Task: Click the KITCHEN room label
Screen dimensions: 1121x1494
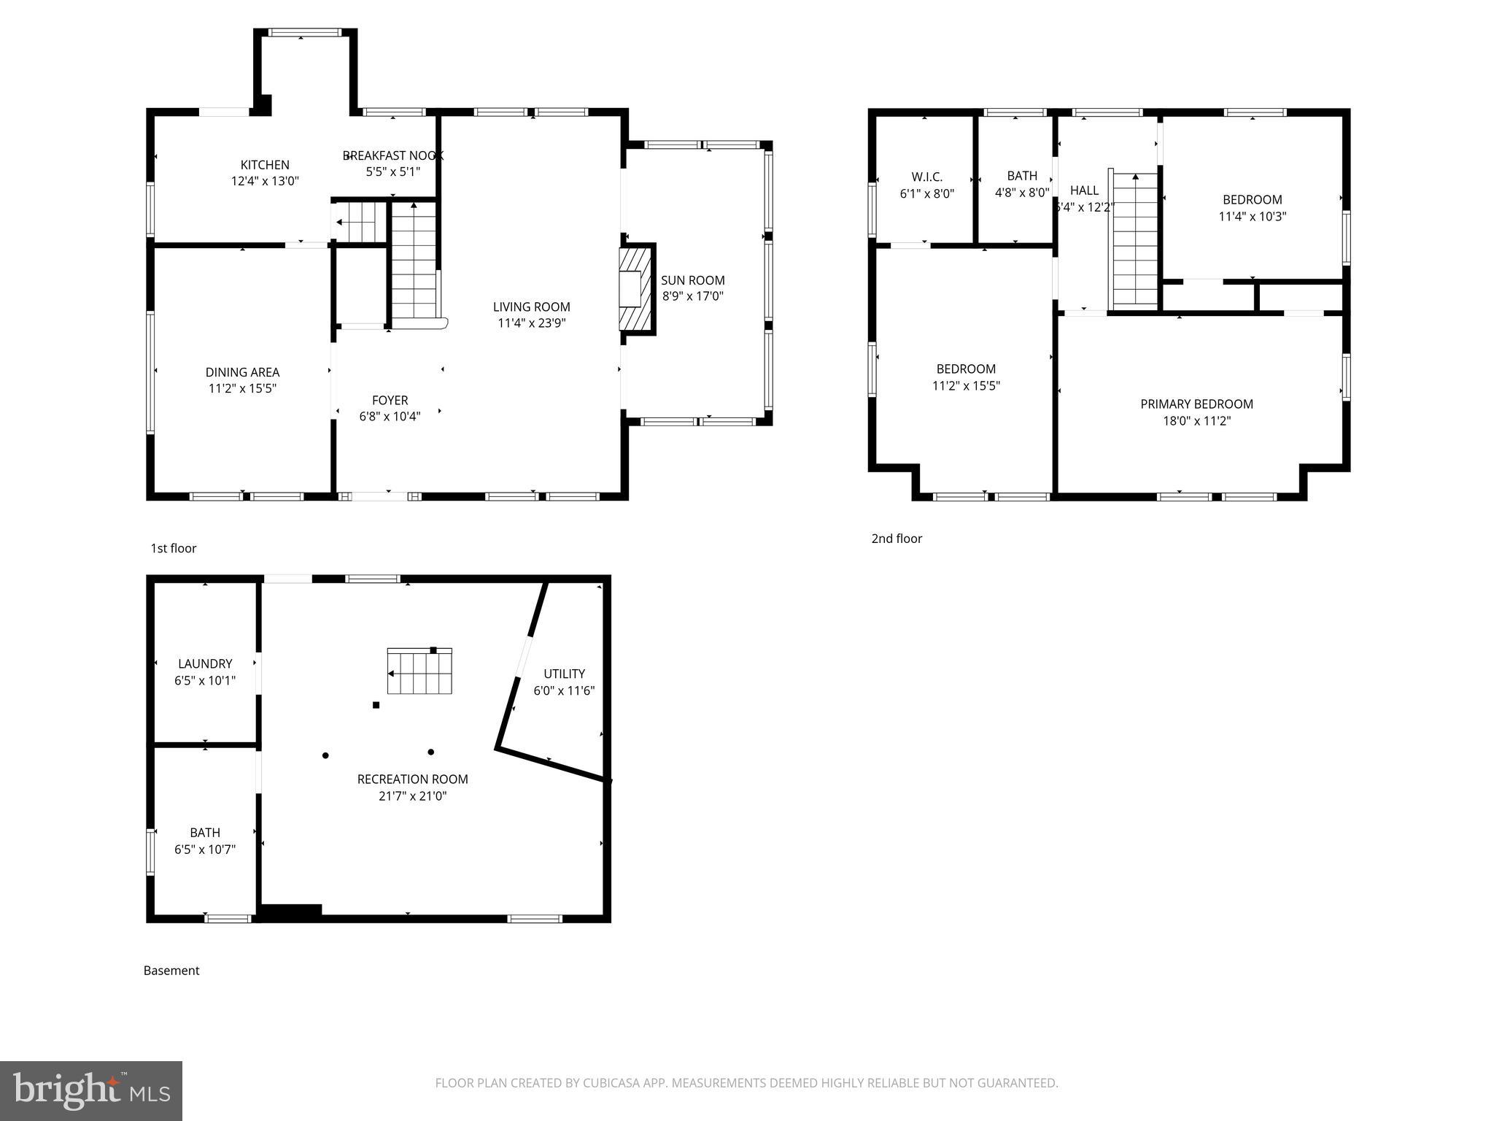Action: tap(265, 165)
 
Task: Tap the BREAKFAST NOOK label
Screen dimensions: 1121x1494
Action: tap(392, 155)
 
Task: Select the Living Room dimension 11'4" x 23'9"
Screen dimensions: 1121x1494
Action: tap(531, 323)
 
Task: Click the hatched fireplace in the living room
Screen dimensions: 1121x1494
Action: tap(632, 289)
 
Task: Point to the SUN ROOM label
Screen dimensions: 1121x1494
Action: tap(692, 280)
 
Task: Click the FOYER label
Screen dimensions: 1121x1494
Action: tap(390, 400)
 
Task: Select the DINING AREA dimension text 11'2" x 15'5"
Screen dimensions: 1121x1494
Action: tap(242, 388)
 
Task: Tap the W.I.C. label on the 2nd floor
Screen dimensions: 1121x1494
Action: tap(926, 177)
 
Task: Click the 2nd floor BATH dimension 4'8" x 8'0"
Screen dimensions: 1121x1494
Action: tap(1021, 193)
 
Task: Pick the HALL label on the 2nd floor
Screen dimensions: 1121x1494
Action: tap(1084, 190)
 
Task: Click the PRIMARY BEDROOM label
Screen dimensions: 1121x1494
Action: tap(1196, 404)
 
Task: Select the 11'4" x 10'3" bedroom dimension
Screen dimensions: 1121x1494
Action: tap(1252, 216)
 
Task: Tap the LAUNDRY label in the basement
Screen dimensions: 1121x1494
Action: tap(205, 663)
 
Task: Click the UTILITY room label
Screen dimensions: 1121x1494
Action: tap(564, 674)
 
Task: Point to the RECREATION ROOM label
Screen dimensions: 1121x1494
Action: tap(412, 779)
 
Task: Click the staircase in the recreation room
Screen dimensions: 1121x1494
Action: tap(419, 671)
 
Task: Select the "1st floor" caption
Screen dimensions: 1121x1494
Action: tap(174, 548)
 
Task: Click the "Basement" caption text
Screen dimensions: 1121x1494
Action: tap(171, 970)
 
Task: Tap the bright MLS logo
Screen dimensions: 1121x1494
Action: tap(91, 1090)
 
